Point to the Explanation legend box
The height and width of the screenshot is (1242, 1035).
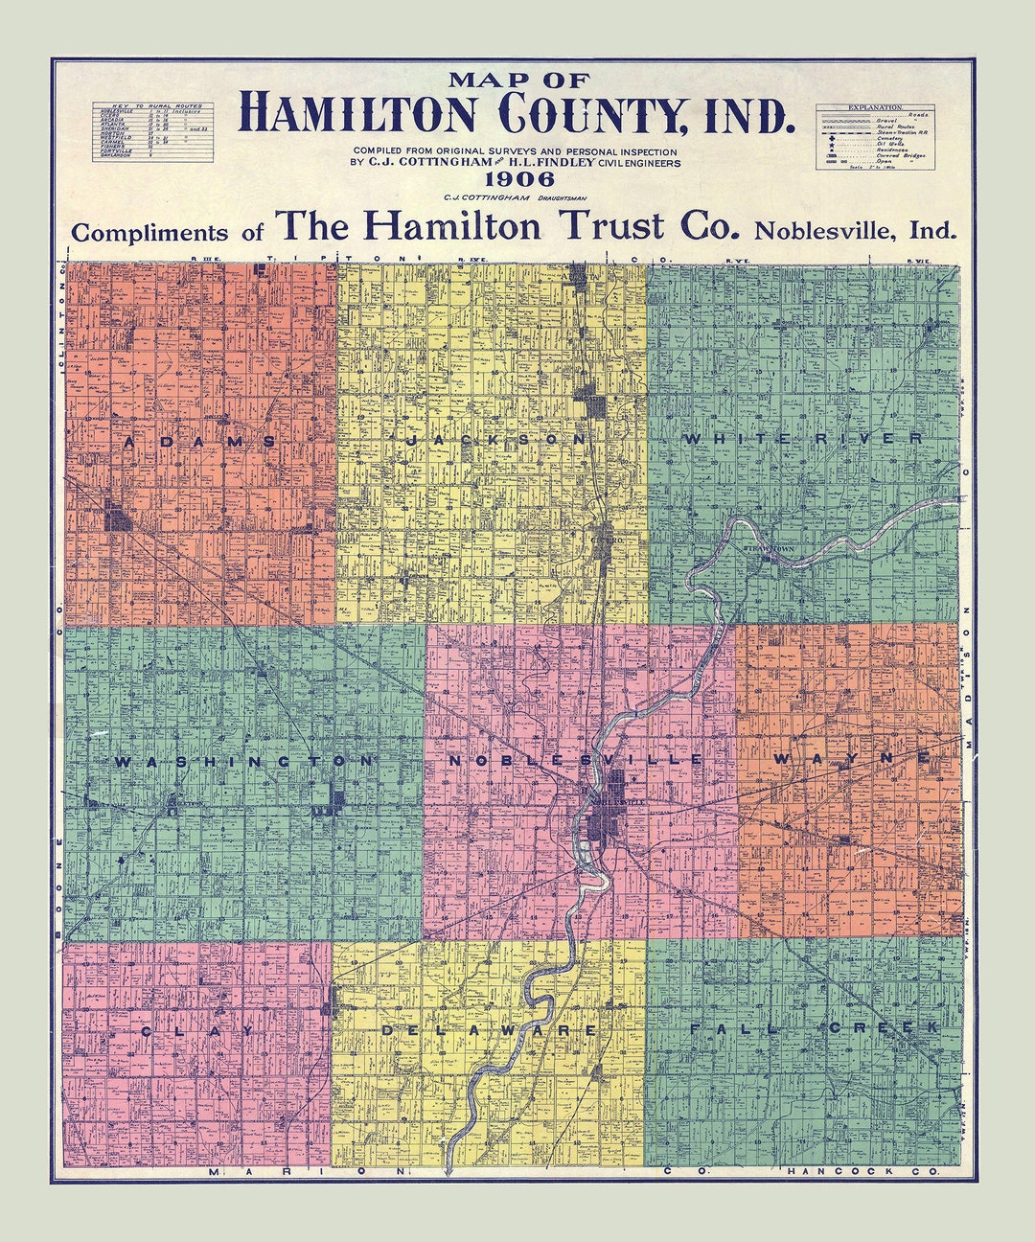point(875,137)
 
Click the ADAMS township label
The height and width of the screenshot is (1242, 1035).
point(199,442)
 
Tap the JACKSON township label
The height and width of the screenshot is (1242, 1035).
point(495,439)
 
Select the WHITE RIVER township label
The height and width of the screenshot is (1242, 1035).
point(803,438)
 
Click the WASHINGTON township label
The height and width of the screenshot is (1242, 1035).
point(242,762)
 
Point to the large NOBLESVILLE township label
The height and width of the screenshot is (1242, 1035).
point(575,760)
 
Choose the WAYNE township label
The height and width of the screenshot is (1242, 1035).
point(851,758)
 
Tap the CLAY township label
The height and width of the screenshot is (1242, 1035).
point(197,1031)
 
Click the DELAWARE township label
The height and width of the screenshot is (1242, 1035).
point(489,1030)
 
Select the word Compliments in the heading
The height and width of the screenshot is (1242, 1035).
point(150,233)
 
